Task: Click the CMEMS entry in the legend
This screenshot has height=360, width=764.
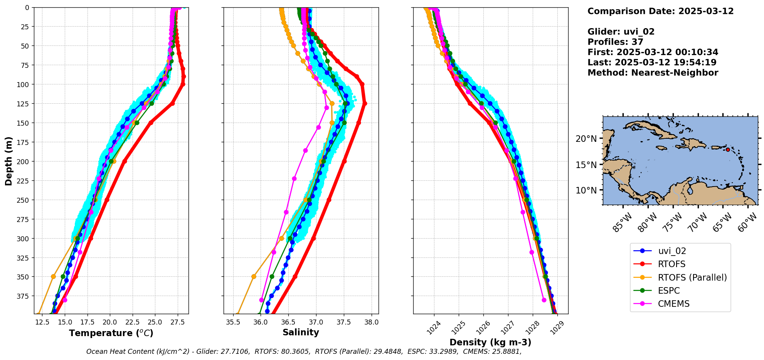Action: click(x=673, y=304)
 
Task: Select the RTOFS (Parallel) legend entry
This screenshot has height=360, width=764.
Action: click(x=692, y=278)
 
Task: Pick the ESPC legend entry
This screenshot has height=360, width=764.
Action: click(x=669, y=291)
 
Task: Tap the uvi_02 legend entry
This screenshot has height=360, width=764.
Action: click(x=672, y=251)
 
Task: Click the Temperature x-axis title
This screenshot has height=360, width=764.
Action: click(x=111, y=333)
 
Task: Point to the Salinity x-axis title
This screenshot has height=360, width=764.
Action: click(x=301, y=332)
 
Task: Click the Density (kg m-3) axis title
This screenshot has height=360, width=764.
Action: click(x=490, y=342)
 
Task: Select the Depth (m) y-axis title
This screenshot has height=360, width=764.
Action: click(x=8, y=161)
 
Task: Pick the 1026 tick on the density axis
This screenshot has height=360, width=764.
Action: click(x=482, y=329)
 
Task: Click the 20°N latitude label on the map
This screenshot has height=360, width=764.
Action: click(x=586, y=139)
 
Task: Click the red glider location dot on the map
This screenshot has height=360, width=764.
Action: click(x=728, y=150)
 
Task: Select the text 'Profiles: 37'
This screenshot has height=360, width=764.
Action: click(x=615, y=42)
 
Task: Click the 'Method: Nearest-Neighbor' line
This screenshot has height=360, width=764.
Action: click(x=653, y=73)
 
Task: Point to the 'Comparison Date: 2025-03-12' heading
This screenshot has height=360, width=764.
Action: click(x=660, y=11)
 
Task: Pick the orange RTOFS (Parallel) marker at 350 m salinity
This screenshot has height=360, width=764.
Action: click(x=254, y=277)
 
